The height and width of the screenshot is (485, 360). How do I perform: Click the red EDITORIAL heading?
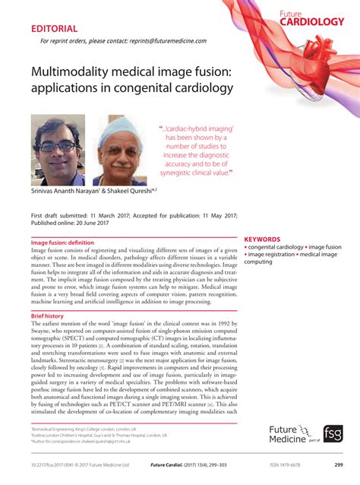[56, 30]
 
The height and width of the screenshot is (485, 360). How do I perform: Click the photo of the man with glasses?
[58, 150]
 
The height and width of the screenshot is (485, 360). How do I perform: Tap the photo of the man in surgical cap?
[119, 150]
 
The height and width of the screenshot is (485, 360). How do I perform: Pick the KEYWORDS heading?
[261, 239]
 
